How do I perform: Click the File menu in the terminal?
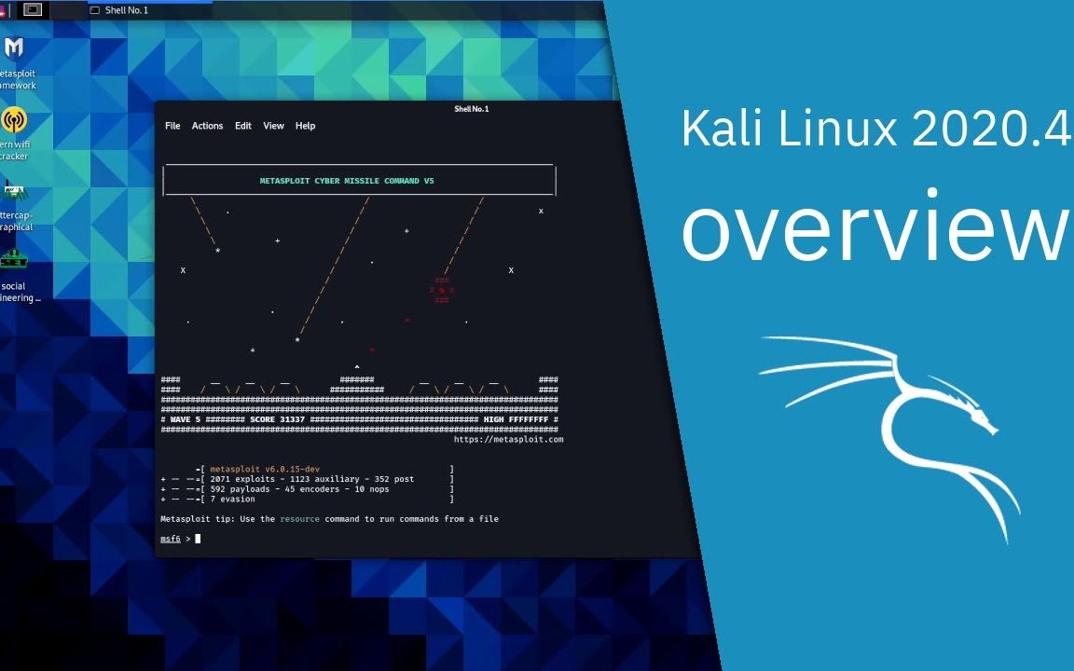pyautogui.click(x=172, y=126)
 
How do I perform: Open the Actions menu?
pyautogui.click(x=207, y=126)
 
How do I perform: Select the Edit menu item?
pyautogui.click(x=243, y=126)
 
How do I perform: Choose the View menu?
pyautogui.click(x=273, y=126)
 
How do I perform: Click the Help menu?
pyautogui.click(x=306, y=126)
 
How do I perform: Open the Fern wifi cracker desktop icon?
pyautogui.click(x=14, y=120)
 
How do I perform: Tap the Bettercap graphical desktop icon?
pyautogui.click(x=14, y=193)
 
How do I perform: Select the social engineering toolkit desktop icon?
pyautogui.click(x=14, y=261)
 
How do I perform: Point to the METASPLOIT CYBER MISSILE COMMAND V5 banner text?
pyautogui.click(x=347, y=181)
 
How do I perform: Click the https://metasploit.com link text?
pyautogui.click(x=508, y=439)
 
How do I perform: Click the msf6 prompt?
pyautogui.click(x=171, y=539)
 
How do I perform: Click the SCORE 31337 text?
pyautogui.click(x=277, y=419)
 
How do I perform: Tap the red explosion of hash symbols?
pyautogui.click(x=442, y=290)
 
